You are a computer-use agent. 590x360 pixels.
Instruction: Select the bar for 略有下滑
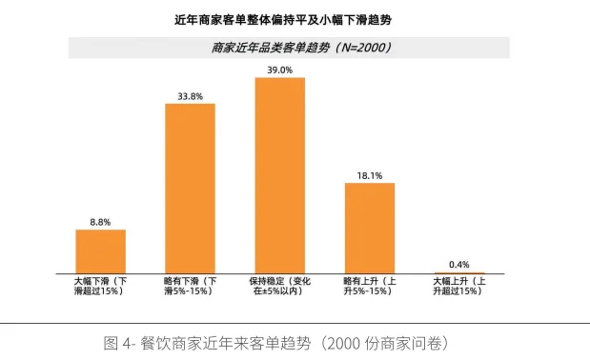coord(191,189)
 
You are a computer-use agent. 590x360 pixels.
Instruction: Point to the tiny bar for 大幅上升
coord(459,272)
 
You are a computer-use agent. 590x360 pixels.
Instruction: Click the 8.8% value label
coord(101,221)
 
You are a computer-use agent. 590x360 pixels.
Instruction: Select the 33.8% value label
coord(191,94)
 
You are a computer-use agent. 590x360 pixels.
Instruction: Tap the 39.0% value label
coord(280,70)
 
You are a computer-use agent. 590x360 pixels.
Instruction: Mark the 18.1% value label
coord(370,174)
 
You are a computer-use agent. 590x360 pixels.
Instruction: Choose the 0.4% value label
coord(459,264)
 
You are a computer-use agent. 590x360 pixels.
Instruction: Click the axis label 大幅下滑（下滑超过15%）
coord(100,286)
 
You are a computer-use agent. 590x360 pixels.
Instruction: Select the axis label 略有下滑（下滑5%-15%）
coord(191,286)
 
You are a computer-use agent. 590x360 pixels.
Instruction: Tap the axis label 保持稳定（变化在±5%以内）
coord(280,286)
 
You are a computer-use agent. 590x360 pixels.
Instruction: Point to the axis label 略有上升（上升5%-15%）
coord(370,286)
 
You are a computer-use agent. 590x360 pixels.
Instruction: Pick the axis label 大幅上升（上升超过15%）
coord(459,286)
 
